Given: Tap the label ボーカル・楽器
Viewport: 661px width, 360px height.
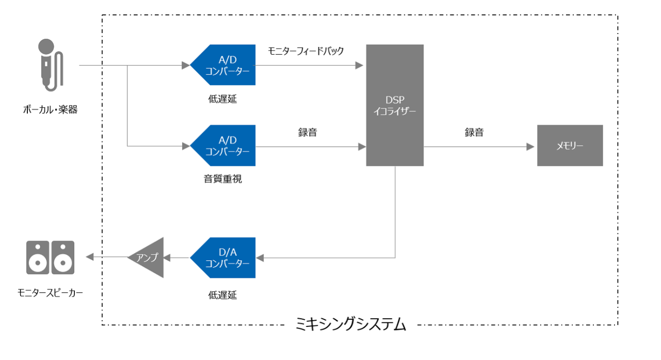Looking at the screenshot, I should click(50, 109).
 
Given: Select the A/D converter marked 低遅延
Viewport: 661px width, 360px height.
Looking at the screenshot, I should click(224, 65).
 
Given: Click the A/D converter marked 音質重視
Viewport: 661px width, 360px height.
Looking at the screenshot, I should click(224, 146).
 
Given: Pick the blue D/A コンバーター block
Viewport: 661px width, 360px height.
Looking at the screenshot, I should click(224, 257).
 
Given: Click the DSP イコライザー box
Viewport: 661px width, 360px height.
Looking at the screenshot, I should click(395, 105).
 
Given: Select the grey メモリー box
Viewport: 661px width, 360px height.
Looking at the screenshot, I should click(570, 146).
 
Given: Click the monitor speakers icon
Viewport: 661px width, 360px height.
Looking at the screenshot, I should click(50, 257).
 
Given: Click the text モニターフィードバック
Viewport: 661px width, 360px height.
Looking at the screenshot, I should click(306, 51).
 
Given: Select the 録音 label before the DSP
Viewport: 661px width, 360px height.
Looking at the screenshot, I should click(307, 132).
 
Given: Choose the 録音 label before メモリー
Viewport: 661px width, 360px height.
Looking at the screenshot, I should click(474, 132).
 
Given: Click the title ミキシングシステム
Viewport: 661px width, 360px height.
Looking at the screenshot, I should click(351, 325).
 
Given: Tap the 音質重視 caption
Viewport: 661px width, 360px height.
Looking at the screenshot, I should click(223, 179).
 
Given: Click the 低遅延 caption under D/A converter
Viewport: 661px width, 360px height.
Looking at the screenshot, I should click(223, 295).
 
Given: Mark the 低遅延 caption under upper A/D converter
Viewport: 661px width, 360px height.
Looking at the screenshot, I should click(223, 99).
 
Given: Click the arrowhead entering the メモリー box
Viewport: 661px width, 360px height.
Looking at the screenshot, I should click(530, 147).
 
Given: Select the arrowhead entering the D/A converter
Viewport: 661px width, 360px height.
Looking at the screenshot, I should click(260, 257).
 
